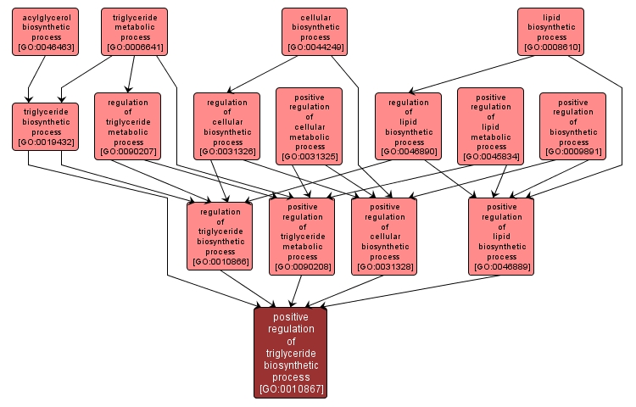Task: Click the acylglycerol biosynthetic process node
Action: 45,31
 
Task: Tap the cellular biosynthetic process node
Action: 315,31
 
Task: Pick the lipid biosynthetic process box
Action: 551,31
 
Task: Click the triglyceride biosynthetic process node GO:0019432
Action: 45,126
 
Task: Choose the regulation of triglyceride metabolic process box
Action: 128,126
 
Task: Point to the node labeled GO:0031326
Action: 226,126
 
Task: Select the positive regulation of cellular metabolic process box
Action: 309,125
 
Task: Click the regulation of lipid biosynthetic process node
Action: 409,126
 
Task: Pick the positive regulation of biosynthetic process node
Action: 572,126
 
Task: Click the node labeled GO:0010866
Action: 220,236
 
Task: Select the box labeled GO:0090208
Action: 303,236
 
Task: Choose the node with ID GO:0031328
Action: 385,236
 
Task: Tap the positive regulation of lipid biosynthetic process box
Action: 501,236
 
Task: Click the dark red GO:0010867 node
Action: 291,353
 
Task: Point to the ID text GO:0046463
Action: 45,48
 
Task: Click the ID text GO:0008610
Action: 551,48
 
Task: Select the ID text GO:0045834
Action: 490,157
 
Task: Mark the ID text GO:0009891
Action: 572,152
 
